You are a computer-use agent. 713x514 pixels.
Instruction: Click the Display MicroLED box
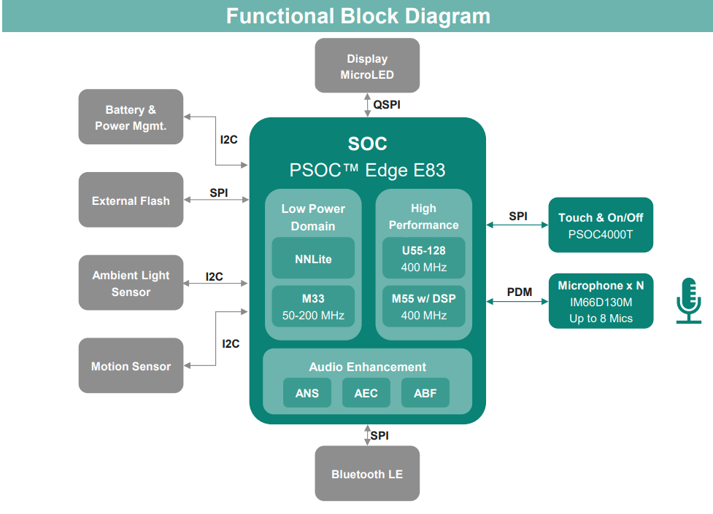pyautogui.click(x=367, y=66)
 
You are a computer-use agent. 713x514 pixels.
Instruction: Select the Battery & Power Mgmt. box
pyautogui.click(x=131, y=117)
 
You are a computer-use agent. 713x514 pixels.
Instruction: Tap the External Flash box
pyautogui.click(x=131, y=200)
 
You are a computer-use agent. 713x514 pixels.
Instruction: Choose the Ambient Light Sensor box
pyautogui.click(x=131, y=283)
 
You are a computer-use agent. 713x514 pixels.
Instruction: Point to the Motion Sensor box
pyautogui.click(x=131, y=365)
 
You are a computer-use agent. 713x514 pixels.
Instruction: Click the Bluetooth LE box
pyautogui.click(x=367, y=474)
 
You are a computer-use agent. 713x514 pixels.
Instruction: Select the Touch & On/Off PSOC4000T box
pyautogui.click(x=601, y=225)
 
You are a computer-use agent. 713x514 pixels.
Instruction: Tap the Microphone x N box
pyautogui.click(x=601, y=301)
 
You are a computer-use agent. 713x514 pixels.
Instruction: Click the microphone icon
pyautogui.click(x=689, y=301)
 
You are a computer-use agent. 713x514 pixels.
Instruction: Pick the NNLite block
pyautogui.click(x=313, y=257)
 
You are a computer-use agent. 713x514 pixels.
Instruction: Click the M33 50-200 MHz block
pyautogui.click(x=313, y=306)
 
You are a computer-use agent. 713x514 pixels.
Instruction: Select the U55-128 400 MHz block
pyautogui.click(x=424, y=257)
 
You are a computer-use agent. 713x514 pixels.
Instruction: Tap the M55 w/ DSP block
pyautogui.click(x=424, y=306)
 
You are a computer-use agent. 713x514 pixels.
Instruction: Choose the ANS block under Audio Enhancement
pyautogui.click(x=307, y=393)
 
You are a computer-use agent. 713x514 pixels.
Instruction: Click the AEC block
pyautogui.click(x=366, y=393)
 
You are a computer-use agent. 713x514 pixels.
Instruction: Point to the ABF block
pyautogui.click(x=425, y=393)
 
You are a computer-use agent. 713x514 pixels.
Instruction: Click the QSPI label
pyautogui.click(x=387, y=105)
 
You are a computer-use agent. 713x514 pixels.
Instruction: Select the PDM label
pyautogui.click(x=520, y=292)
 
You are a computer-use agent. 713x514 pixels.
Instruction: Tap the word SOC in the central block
pyautogui.click(x=367, y=144)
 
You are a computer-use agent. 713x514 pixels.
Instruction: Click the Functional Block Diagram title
pyautogui.click(x=358, y=16)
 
